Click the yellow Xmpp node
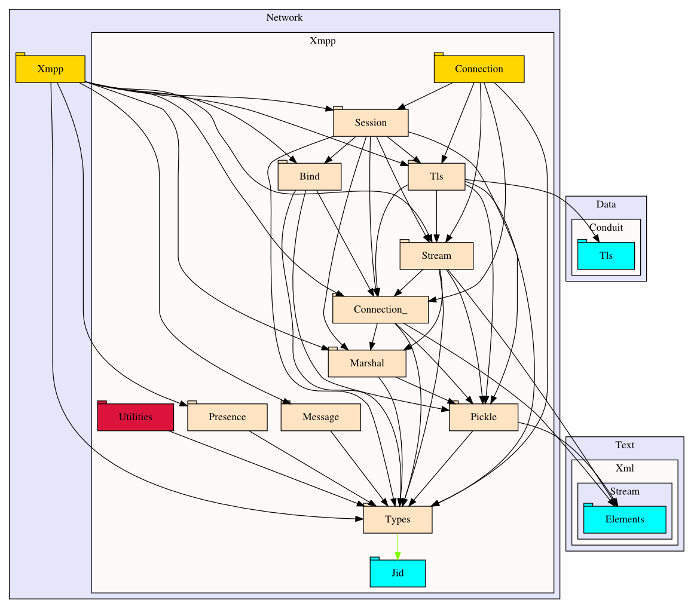point(50,69)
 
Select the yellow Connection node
point(479,69)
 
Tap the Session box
point(371,123)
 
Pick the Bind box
point(310,176)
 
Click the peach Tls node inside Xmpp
point(436,176)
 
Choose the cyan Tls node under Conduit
point(606,256)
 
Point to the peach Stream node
point(436,256)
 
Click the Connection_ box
point(380,310)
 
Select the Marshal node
point(367,363)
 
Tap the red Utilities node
point(135,417)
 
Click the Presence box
point(227,417)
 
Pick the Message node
point(320,417)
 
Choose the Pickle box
point(483,417)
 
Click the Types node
point(398,519)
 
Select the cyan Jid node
point(398,573)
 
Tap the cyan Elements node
point(625,519)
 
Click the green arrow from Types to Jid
point(398,546)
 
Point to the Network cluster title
point(285,17)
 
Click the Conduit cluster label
point(606,227)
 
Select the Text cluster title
point(625,445)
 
